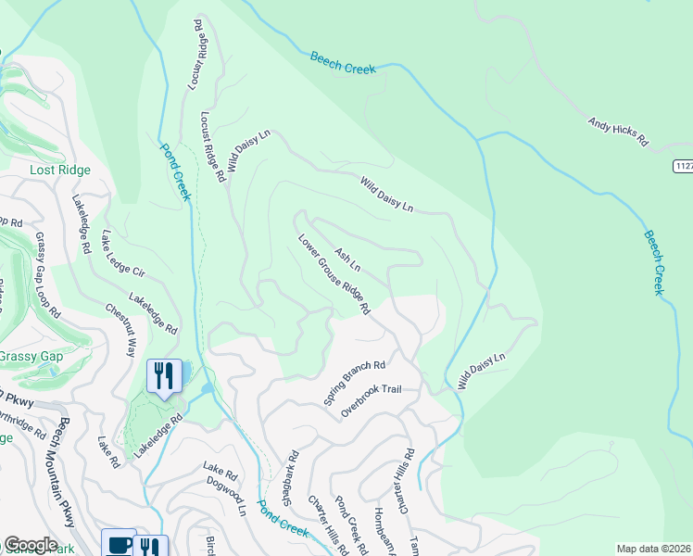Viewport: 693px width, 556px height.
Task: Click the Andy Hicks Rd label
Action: [x=617, y=133]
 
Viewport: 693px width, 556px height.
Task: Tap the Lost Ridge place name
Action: [x=59, y=170]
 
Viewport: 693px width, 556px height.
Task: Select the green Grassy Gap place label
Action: [x=30, y=356]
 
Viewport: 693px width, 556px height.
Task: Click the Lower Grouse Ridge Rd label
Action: [x=334, y=274]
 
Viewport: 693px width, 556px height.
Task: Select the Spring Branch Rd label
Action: [x=354, y=383]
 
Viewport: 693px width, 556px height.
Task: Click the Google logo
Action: [x=31, y=545]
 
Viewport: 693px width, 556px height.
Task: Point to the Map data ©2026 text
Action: [x=653, y=549]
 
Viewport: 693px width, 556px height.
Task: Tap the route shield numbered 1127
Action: [x=683, y=166]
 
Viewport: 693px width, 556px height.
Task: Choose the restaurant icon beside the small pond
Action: [x=164, y=376]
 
